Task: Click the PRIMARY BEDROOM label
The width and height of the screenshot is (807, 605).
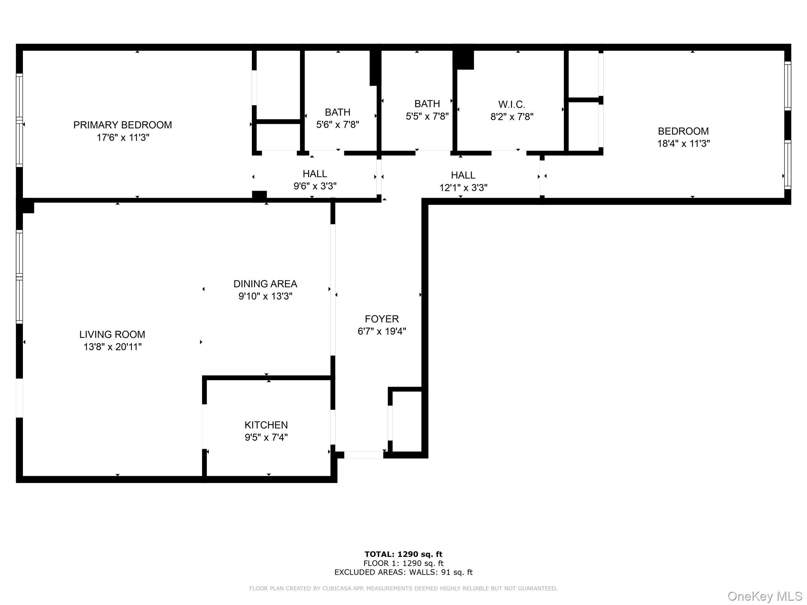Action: pos(123,125)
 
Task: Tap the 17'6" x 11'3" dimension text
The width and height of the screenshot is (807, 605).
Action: pos(123,137)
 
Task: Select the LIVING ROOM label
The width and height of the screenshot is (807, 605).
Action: pos(112,334)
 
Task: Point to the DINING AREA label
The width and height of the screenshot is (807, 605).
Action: pos(265,284)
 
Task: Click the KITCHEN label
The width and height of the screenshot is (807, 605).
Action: pos(266,425)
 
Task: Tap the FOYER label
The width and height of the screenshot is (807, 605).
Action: pos(381,319)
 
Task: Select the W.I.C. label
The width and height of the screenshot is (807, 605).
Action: pos(511,104)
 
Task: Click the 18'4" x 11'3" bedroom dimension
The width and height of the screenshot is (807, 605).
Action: pos(683,143)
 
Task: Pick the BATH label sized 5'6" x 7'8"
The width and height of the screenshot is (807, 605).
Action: pos(337,112)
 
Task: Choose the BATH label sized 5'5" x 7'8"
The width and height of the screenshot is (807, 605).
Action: pos(427,104)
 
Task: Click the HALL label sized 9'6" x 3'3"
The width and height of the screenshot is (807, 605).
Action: pos(314,174)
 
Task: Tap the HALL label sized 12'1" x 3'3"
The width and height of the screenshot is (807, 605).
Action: pos(463,175)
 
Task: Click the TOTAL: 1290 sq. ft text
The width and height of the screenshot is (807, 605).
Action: pos(403,554)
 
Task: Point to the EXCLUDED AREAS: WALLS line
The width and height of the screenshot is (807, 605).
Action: pos(403,572)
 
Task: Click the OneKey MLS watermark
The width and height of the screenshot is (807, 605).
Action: pos(764,596)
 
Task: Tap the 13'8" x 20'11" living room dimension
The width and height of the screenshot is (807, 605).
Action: pos(112,347)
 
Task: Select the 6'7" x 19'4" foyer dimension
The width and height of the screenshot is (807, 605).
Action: pos(381,331)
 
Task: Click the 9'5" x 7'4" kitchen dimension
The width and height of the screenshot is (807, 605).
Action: pos(266,437)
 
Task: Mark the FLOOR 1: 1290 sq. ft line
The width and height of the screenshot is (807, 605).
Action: pos(403,563)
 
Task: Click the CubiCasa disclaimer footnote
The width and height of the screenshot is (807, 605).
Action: pos(403,588)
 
